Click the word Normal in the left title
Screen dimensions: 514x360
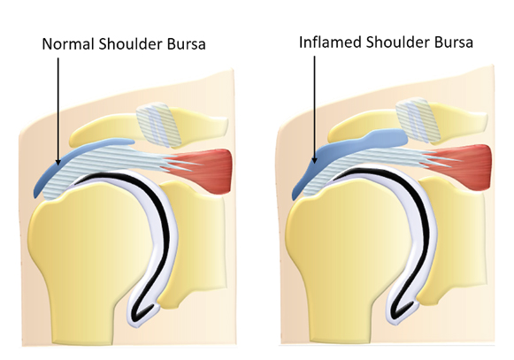(68, 43)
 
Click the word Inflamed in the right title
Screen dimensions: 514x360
(330, 42)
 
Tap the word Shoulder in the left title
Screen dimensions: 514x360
(130, 43)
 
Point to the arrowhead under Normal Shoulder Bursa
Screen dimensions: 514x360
(58, 162)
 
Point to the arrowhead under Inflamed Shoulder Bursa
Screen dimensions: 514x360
(314, 160)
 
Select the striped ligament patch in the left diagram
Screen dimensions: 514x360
(158, 125)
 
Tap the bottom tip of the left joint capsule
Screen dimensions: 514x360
(138, 326)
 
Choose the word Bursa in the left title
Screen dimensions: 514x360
(186, 44)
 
